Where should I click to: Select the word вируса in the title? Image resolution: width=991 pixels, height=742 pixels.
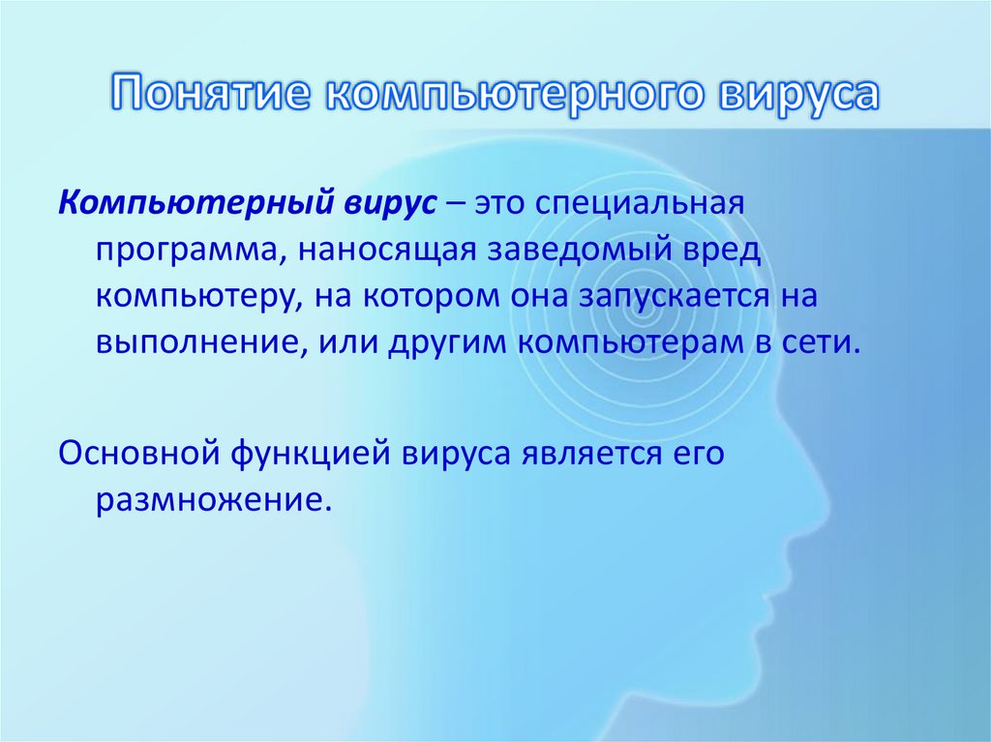click(799, 95)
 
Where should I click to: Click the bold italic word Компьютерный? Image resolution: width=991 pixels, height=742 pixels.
click(194, 204)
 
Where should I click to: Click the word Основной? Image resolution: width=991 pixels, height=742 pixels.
click(137, 453)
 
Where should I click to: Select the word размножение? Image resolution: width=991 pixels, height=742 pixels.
click(207, 499)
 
